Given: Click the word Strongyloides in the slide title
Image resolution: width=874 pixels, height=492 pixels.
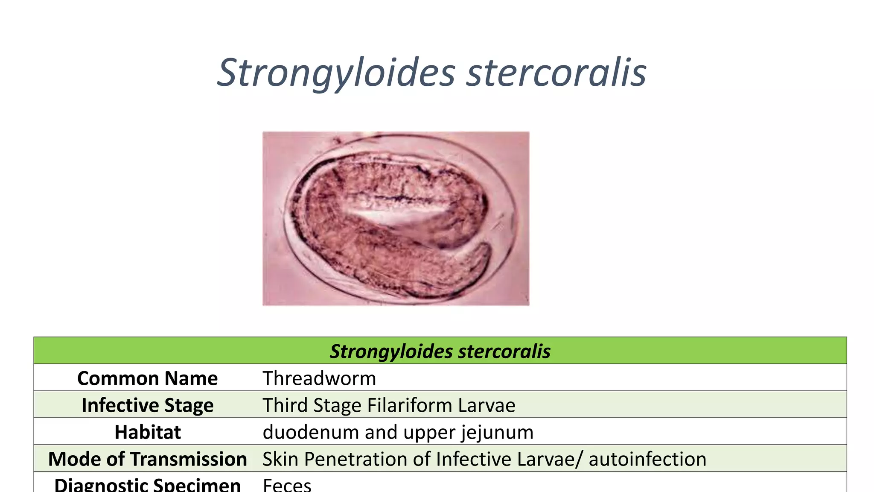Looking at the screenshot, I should [x=336, y=73].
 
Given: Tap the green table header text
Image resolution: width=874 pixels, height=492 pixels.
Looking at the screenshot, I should [x=440, y=351].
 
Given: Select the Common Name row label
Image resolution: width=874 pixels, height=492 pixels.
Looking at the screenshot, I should [x=147, y=378].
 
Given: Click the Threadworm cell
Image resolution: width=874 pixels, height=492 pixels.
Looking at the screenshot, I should [x=319, y=378].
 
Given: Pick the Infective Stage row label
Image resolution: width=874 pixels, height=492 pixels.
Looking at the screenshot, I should [x=147, y=405].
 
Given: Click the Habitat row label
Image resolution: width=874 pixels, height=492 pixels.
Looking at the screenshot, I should [x=147, y=432].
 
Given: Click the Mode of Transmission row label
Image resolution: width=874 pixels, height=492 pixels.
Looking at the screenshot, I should [x=147, y=459].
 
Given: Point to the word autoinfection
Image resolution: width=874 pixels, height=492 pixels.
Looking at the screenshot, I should [x=647, y=459].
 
